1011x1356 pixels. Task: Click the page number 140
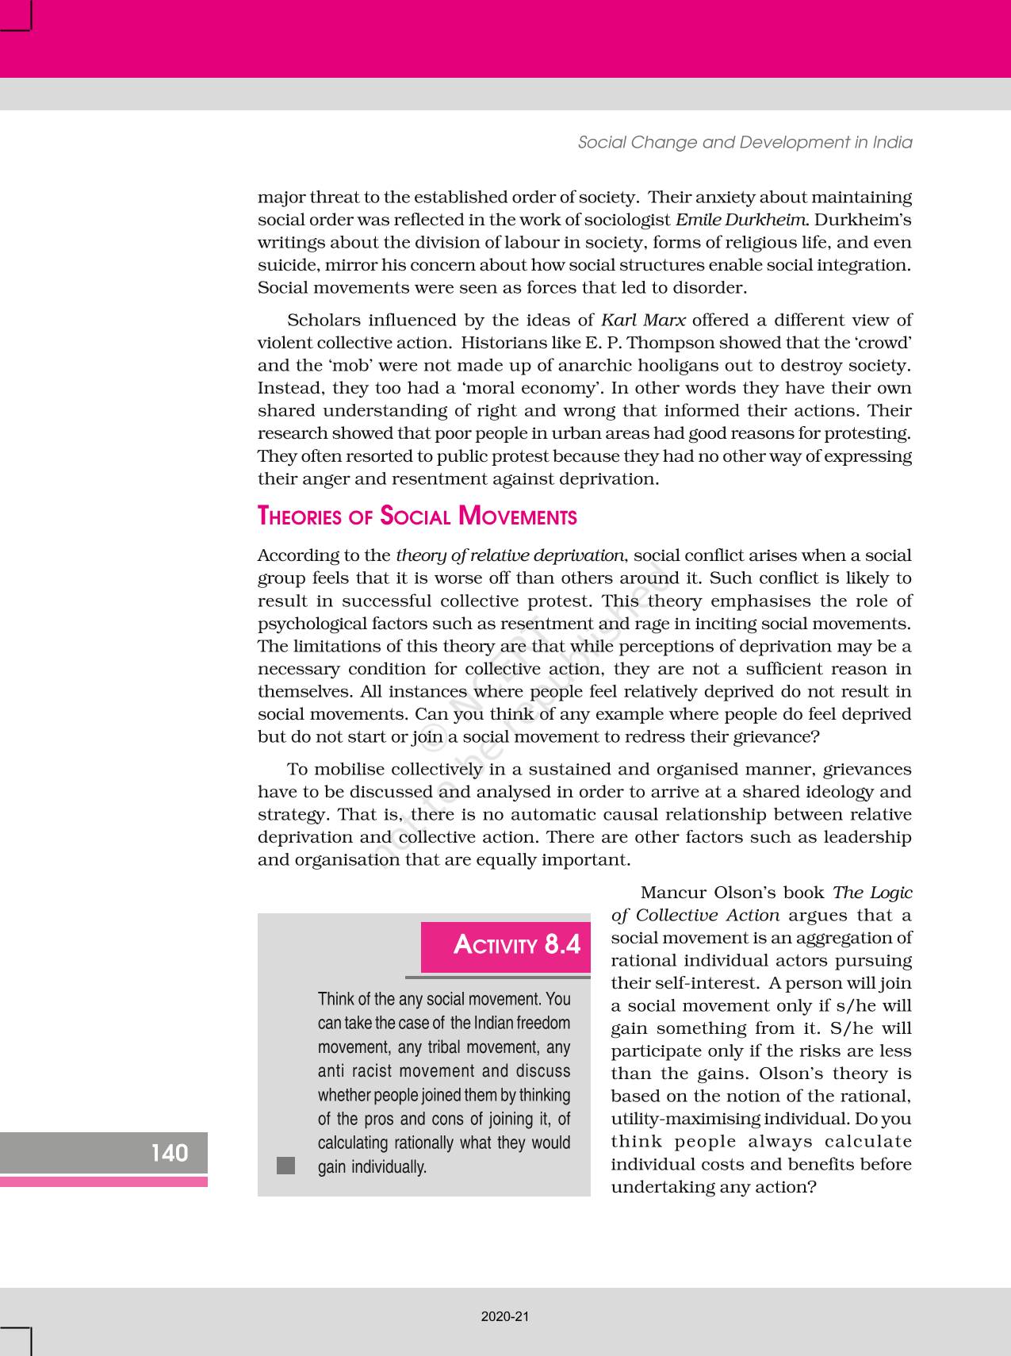170,1152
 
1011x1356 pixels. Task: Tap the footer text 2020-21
505,1316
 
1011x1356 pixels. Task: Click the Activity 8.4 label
516,944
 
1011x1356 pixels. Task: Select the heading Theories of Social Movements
417,517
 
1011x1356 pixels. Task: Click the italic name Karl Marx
643,321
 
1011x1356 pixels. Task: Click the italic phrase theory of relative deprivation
510,555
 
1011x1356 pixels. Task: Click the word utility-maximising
691,1120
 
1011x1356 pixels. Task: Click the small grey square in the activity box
285,1166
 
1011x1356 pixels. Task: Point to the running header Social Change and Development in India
745,143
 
